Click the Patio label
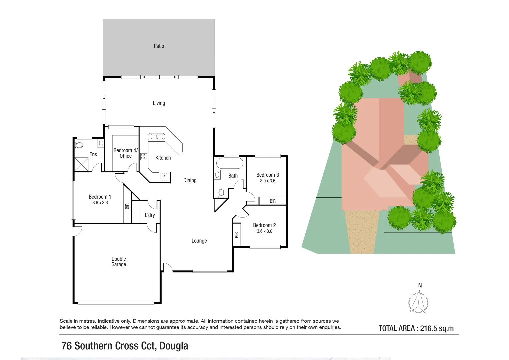coord(159,46)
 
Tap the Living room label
coord(159,103)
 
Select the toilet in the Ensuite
coord(79,145)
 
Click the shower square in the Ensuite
coord(81,164)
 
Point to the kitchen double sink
coord(156,137)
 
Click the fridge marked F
coord(164,177)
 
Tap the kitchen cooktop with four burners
coord(144,157)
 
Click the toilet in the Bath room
coord(221,193)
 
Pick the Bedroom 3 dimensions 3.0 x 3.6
coord(268,181)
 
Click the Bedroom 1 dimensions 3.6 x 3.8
coord(100,203)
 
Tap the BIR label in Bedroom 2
coord(237,235)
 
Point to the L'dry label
coord(150,215)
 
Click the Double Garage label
coord(119,262)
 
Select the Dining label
coord(190,180)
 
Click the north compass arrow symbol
coord(419,302)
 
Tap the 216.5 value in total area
coord(428,328)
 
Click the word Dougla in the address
coord(174,346)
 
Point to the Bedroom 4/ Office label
coord(125,153)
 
